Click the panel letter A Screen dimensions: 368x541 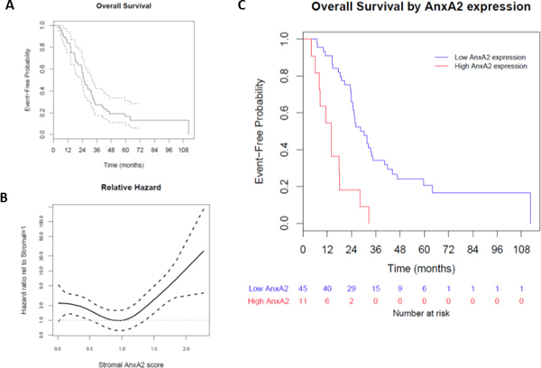pyautogui.click(x=9, y=7)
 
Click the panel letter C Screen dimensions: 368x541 pyautogui.click(x=241, y=7)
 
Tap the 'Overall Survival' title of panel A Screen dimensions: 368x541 pyautogui.click(x=124, y=7)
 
